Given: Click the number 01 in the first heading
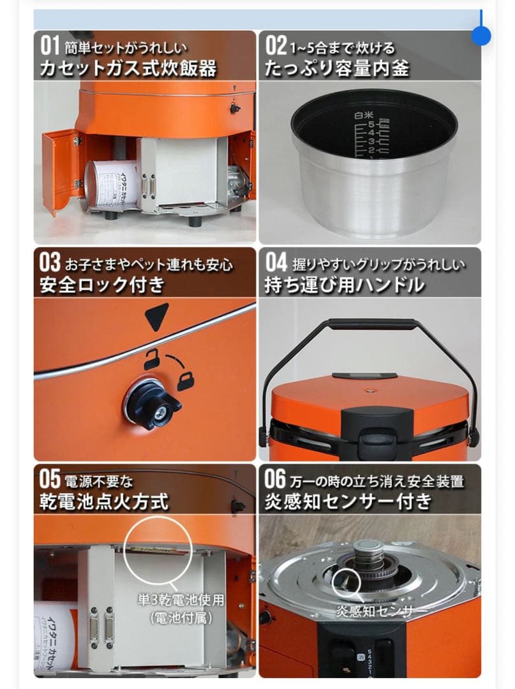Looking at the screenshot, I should (x=49, y=46).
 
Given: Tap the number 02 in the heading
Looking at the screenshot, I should (x=276, y=46).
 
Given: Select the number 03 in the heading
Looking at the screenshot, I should (x=50, y=262).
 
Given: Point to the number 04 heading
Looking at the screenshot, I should (x=276, y=262).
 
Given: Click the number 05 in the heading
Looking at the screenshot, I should (x=50, y=479).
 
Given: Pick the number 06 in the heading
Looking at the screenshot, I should (x=276, y=479).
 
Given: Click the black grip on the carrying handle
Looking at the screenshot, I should (x=369, y=323).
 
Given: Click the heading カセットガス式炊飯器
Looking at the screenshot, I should (x=128, y=68).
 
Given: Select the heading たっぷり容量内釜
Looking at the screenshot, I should (x=336, y=68).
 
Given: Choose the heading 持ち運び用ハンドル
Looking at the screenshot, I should (x=344, y=285).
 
